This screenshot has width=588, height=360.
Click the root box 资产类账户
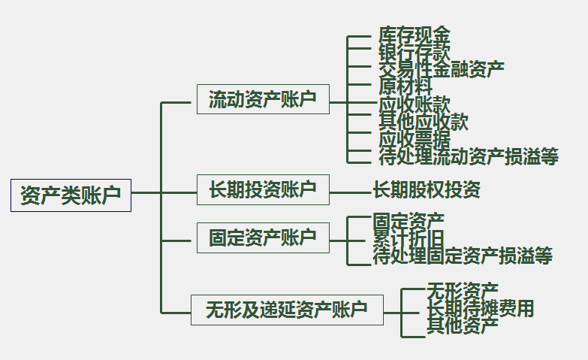tap(71, 195)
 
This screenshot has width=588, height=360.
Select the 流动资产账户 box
tap(263, 99)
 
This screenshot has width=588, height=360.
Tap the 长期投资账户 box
tap(263, 189)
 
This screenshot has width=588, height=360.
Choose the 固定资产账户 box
tap(263, 237)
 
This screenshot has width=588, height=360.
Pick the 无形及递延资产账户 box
tap(287, 310)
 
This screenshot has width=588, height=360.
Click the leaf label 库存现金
tap(415, 36)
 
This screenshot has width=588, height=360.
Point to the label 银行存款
tap(415, 53)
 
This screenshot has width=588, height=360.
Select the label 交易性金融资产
tap(442, 70)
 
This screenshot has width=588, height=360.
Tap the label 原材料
tap(406, 86)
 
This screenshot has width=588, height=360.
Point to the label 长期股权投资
tap(427, 190)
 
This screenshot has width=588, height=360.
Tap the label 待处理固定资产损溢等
tap(463, 256)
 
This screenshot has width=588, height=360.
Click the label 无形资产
tap(463, 291)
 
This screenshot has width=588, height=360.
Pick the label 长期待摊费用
tap(481, 309)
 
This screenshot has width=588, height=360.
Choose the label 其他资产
tap(463, 326)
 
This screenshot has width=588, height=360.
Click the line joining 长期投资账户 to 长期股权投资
tap(351, 192)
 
